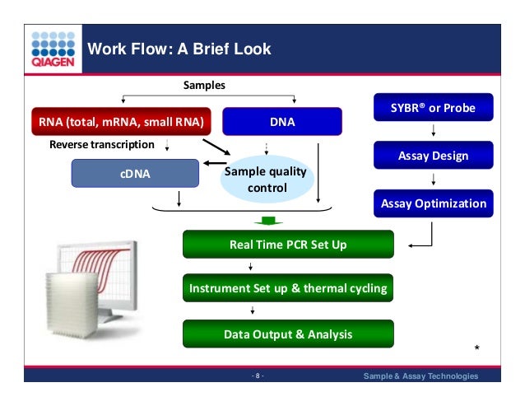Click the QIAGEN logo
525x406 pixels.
[x=53, y=49]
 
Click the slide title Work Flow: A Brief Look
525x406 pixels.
[x=179, y=49]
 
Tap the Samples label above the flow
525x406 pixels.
[x=203, y=86]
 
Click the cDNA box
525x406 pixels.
[x=136, y=174]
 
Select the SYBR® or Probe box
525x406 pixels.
[x=433, y=108]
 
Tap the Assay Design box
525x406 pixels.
[x=433, y=155]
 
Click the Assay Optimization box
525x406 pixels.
[x=433, y=203]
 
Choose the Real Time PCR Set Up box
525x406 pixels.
[x=288, y=244]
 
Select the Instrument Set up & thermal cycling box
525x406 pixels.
[x=288, y=289]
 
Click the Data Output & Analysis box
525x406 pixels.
[x=288, y=334]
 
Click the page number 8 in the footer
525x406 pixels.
[x=258, y=376]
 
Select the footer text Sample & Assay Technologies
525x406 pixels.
[x=420, y=376]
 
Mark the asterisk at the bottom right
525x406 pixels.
[x=477, y=349]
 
